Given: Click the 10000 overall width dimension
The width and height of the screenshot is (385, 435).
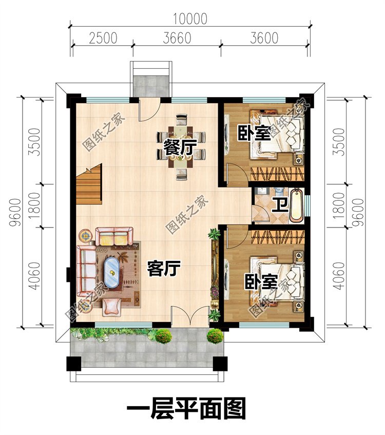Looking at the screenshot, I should coord(190,19).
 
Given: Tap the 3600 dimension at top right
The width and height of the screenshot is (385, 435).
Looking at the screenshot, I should coord(264,39).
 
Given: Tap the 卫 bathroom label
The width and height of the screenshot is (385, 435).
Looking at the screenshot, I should coord(279,204).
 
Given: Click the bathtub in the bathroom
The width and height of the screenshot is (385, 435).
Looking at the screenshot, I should coord(296,205).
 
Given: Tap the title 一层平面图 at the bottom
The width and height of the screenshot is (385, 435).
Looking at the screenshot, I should coord(186,409).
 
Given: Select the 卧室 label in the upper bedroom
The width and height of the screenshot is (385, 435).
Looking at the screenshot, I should coord(254,134).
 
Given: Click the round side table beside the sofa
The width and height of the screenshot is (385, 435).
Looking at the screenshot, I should coord(86,236).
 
